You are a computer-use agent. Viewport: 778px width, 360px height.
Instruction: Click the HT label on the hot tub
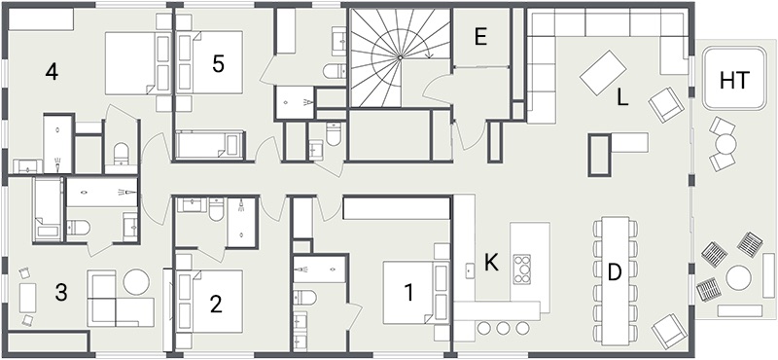[x=734, y=81]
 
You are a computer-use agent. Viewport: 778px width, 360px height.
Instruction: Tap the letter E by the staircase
[x=479, y=38]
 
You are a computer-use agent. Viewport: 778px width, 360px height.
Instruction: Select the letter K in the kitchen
[x=491, y=263]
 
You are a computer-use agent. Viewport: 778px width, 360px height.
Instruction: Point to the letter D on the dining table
[x=615, y=273]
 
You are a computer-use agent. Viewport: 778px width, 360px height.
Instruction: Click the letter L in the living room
[x=622, y=98]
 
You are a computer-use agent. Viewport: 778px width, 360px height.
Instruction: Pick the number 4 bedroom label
[x=52, y=73]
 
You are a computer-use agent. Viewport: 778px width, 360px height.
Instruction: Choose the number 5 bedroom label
[x=218, y=64]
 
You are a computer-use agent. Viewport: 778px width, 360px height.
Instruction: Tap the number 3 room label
[x=60, y=293]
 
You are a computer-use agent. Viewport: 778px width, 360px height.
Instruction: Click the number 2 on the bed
[x=215, y=304]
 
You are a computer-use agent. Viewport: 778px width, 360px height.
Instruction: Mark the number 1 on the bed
[x=408, y=293]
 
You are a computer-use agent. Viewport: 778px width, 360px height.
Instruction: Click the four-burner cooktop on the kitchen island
[x=522, y=269]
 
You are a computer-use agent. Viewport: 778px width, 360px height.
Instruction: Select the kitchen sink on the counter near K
[x=469, y=270]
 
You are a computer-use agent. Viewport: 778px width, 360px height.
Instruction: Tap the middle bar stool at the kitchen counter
[x=503, y=328]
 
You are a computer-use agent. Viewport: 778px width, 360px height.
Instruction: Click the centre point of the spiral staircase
[x=400, y=58]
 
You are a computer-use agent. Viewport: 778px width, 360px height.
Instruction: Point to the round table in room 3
[x=136, y=281]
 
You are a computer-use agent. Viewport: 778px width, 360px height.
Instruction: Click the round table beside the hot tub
[x=725, y=145]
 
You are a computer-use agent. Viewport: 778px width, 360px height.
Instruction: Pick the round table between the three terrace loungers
[x=738, y=277]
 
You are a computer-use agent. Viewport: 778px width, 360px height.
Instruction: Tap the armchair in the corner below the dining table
[x=670, y=330]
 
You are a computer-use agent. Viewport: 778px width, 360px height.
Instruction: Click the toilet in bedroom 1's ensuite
[x=304, y=298]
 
